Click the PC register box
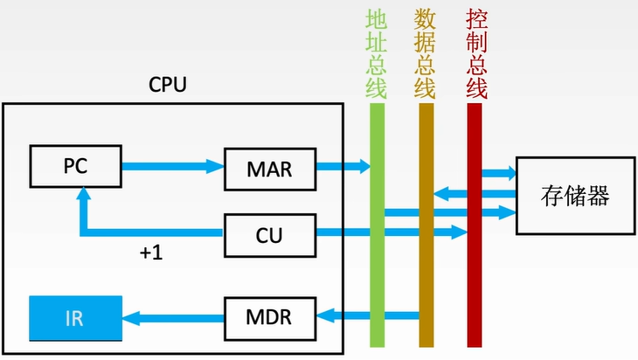point(75,166)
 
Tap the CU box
point(269,233)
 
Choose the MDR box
point(269,316)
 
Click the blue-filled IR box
point(75,318)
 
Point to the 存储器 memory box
point(573,195)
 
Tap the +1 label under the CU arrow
point(150,254)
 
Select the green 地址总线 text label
point(377,52)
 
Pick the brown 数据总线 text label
point(426,52)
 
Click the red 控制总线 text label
point(475,52)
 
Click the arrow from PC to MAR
point(172,165)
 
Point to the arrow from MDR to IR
point(173,316)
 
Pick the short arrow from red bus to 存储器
point(500,174)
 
